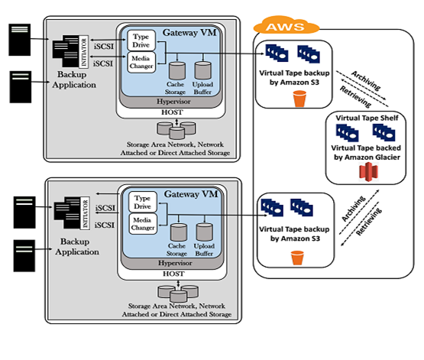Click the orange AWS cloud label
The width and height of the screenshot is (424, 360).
click(283, 27)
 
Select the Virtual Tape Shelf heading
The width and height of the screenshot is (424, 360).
click(364, 118)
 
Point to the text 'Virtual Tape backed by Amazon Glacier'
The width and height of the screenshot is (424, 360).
click(364, 151)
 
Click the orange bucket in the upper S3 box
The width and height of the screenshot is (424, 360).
click(299, 99)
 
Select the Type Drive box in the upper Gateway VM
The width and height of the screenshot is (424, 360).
click(141, 40)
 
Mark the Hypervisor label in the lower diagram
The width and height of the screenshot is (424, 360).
click(178, 261)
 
